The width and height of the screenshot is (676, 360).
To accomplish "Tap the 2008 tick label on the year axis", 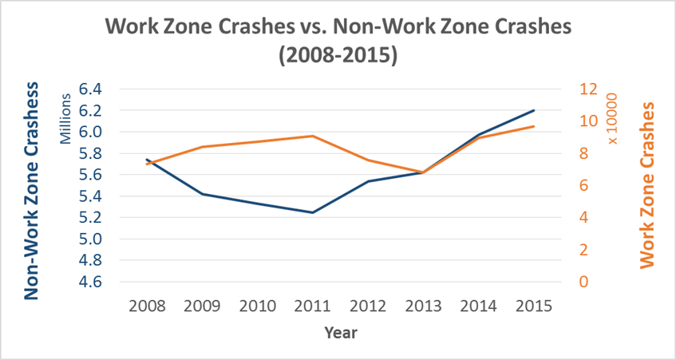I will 147,306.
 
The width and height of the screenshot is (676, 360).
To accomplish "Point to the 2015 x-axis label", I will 532,306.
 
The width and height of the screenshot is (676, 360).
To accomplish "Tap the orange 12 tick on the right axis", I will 587,89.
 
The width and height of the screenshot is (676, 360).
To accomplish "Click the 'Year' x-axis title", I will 340,333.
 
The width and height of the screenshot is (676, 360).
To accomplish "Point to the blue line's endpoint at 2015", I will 533,110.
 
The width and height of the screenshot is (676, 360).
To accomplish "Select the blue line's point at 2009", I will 203,194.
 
